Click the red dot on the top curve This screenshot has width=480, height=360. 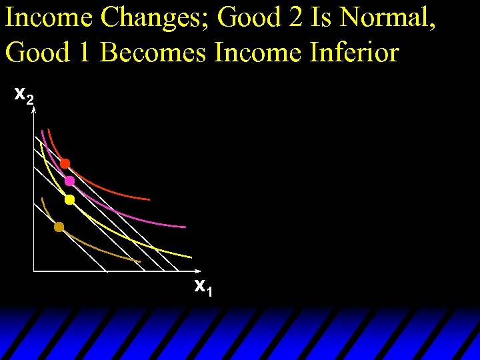65,163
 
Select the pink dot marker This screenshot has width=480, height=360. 69,181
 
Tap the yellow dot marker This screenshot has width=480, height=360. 69,199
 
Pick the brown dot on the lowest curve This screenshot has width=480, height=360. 59,227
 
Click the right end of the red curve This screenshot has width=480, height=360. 149,199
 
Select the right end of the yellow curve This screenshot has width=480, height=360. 191,257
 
